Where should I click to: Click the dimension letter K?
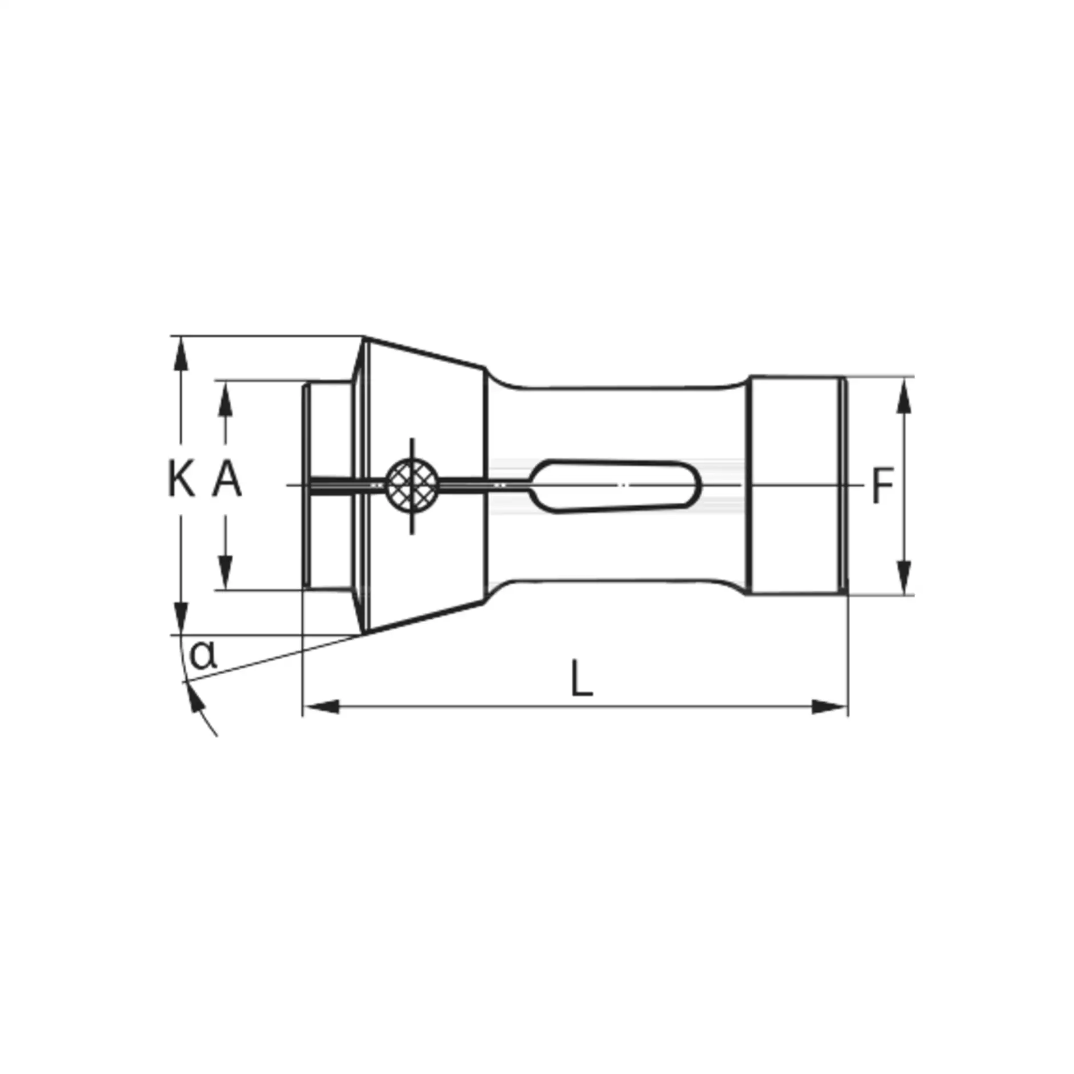pyautogui.click(x=181, y=479)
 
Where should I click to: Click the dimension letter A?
pyautogui.click(x=227, y=479)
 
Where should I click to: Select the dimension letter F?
pyautogui.click(x=883, y=486)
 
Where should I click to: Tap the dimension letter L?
pyautogui.click(x=582, y=679)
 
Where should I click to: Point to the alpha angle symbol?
pyautogui.click(x=203, y=655)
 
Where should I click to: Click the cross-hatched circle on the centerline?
pyautogui.click(x=412, y=485)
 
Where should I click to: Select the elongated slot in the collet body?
pyautogui.click(x=615, y=485)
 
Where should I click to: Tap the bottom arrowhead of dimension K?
pyautogui.click(x=181, y=617)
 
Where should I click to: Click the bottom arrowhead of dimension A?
pyautogui.click(x=226, y=573)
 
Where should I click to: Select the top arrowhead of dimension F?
pyautogui.click(x=903, y=394)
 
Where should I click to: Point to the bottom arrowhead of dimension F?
pyautogui.click(x=903, y=578)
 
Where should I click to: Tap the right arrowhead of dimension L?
pyautogui.click(x=828, y=707)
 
